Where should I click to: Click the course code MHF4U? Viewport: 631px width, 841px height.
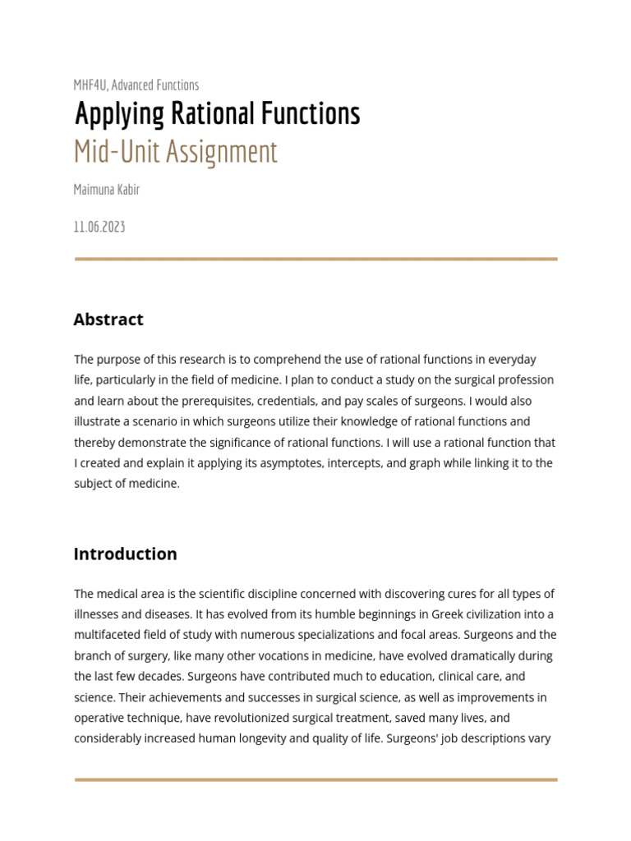click(90, 85)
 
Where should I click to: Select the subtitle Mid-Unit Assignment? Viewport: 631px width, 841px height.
click(176, 152)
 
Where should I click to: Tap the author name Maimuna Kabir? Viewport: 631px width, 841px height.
click(107, 190)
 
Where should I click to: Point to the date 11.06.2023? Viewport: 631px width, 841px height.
click(99, 227)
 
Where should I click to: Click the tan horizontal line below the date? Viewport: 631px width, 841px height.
click(315, 259)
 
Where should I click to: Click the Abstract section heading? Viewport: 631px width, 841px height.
click(108, 319)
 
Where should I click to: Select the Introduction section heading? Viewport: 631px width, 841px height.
click(125, 554)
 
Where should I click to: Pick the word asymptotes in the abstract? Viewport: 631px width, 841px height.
click(288, 463)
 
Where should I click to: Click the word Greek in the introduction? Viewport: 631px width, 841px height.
click(426, 614)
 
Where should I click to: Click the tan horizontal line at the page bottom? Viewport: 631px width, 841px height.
click(315, 779)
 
